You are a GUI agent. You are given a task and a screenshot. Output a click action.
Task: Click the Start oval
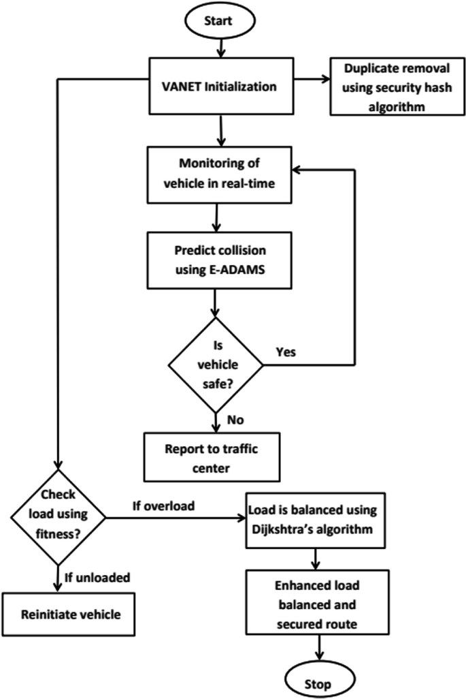coord(220,20)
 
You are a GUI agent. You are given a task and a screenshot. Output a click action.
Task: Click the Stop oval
coord(317,680)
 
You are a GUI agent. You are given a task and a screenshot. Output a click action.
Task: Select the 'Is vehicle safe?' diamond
coord(216,364)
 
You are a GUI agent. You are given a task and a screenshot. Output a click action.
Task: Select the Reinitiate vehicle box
coord(70,614)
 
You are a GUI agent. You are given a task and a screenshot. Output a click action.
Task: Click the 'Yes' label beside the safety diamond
coord(287,353)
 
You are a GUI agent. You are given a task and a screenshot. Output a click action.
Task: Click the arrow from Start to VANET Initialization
coord(220,47)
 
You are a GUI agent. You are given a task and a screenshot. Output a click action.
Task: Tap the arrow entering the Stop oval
coord(317,648)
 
